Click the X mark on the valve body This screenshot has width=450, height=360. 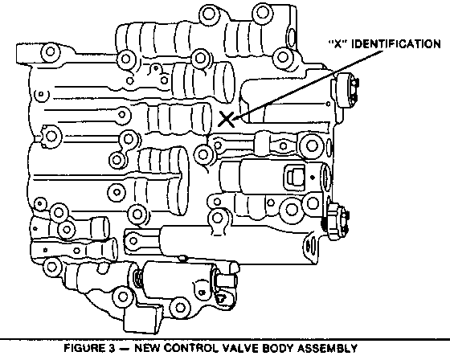click(226, 119)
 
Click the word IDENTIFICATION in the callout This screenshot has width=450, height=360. click(396, 44)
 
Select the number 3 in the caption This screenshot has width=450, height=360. click(112, 348)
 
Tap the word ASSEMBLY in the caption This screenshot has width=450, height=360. click(327, 348)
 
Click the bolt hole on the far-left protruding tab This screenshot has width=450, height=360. click(50, 52)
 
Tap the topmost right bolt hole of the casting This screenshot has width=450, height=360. click(262, 12)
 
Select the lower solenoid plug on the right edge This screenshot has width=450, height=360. click(337, 221)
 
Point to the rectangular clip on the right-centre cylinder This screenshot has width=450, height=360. click(294, 177)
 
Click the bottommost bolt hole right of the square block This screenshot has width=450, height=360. click(180, 308)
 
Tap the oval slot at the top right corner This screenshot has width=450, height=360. click(292, 37)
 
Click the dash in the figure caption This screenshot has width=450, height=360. click(125, 348)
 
